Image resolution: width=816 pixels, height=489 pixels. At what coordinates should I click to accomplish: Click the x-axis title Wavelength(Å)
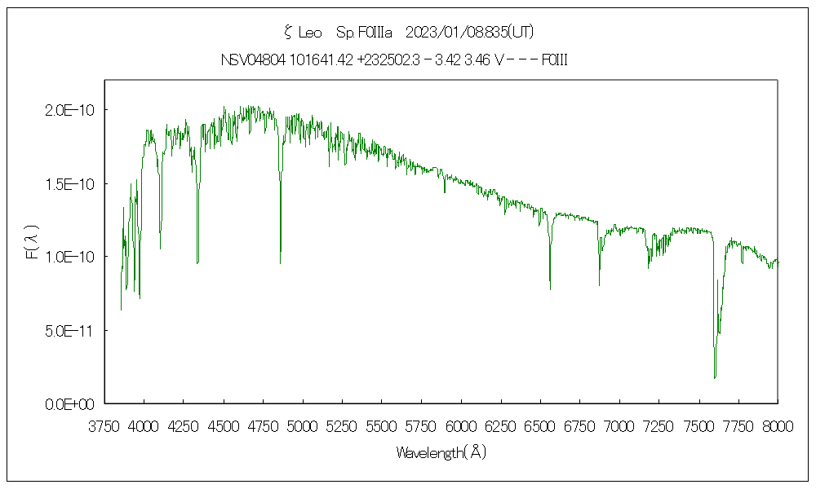click(441, 452)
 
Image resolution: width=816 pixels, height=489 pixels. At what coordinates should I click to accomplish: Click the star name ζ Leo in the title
click(302, 33)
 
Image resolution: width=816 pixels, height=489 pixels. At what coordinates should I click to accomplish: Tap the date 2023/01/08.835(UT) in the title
click(469, 33)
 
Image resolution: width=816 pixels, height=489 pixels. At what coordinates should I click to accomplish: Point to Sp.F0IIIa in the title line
click(365, 33)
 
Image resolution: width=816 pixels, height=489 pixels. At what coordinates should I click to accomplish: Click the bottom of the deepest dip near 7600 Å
click(715, 377)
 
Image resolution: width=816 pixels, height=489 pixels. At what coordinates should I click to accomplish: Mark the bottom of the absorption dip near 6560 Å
click(550, 289)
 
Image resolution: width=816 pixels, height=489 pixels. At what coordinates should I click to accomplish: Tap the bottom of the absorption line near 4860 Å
click(281, 262)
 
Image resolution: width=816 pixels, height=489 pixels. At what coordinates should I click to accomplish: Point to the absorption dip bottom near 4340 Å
click(197, 262)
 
